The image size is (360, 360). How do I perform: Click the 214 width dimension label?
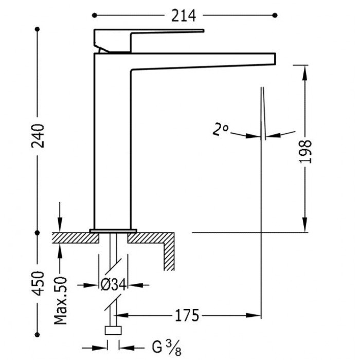(184, 16)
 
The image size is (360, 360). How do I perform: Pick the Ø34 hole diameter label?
(113, 284)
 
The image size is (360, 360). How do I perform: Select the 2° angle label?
(221, 129)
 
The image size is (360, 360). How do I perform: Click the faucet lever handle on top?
(149, 37)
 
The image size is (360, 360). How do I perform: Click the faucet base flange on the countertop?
(114, 230)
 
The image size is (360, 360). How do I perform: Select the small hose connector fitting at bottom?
(113, 331)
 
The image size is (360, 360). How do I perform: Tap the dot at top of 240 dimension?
(37, 29)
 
